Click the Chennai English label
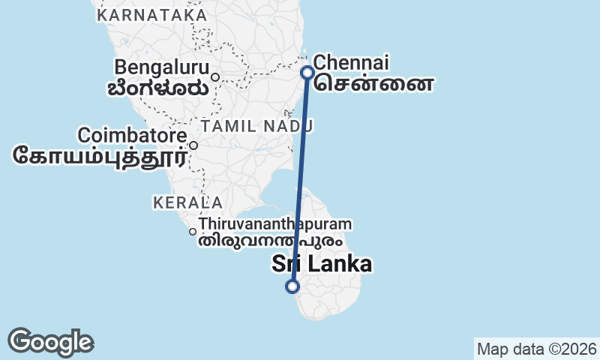351,61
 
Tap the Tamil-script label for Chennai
373,82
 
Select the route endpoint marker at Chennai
307,73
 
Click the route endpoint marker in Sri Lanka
292,286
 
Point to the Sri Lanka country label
322,264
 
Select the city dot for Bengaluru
214,76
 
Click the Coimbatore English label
132,136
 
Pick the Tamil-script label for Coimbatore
100,156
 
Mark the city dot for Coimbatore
193,145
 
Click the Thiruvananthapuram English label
275,224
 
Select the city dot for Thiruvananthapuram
193,232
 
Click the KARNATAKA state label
152,15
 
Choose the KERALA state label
187,202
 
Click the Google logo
50,342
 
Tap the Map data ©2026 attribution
536,349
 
